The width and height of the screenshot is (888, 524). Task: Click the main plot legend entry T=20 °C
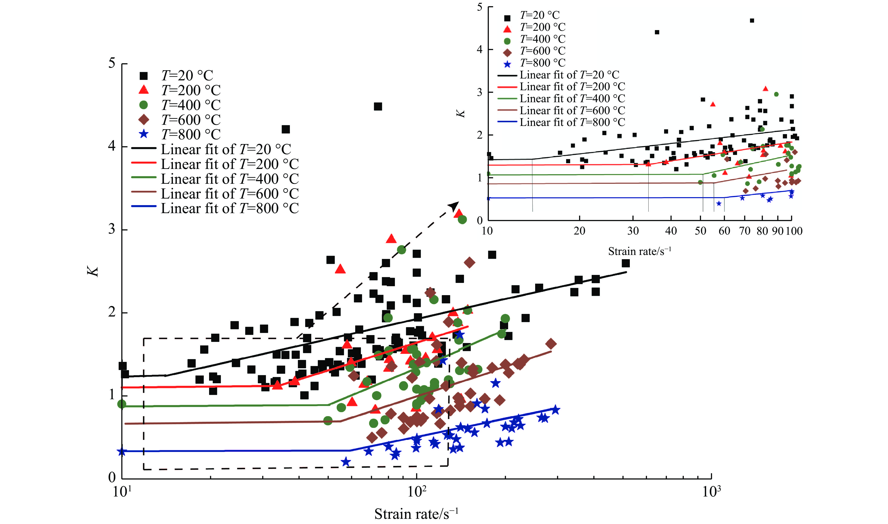click(187, 76)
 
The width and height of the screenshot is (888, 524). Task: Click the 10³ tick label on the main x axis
click(711, 491)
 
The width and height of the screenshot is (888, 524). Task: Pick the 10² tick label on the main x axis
click(417, 491)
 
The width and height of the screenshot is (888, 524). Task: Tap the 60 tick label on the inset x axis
click(724, 231)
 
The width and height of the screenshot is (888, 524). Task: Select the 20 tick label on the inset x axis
click(579, 231)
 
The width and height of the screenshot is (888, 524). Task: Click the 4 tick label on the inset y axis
click(479, 49)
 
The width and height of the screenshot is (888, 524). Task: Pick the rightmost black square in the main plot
click(625, 263)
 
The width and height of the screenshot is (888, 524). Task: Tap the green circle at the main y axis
click(122, 404)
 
